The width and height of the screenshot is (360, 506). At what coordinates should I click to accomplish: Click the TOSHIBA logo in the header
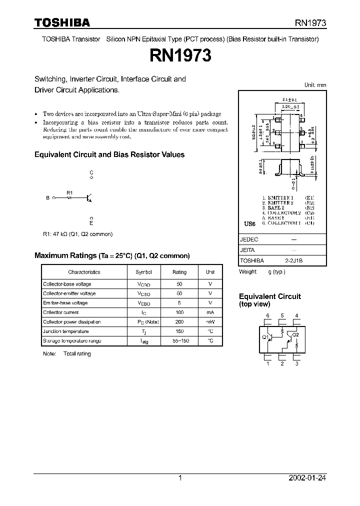point(62,23)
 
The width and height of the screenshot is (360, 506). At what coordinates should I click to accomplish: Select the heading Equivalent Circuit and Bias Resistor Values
point(109,155)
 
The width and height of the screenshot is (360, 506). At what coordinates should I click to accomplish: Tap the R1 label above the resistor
point(70,192)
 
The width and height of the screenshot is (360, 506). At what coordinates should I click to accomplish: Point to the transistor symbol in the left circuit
point(89,198)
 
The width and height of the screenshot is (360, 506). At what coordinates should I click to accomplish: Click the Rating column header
point(179,272)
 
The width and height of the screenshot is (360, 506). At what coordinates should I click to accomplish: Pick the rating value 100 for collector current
point(179,312)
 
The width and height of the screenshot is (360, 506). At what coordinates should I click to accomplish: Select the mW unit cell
point(210,322)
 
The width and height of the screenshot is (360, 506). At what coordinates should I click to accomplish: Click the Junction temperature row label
point(66,331)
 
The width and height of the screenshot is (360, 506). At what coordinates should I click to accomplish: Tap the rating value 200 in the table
point(179,322)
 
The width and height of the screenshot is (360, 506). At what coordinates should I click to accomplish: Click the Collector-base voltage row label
point(67,284)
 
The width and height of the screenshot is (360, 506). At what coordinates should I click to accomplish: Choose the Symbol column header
point(144,272)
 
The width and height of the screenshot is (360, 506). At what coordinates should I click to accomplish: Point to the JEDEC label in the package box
point(249,239)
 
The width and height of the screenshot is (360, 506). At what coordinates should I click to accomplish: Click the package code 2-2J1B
point(294,260)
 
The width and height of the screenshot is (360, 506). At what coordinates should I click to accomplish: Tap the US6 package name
point(249,223)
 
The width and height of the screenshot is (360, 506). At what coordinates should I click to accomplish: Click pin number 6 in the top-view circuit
point(268,315)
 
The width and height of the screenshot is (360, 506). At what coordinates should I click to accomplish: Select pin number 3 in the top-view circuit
point(296,363)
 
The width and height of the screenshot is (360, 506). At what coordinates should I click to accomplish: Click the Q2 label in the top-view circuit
point(295,334)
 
